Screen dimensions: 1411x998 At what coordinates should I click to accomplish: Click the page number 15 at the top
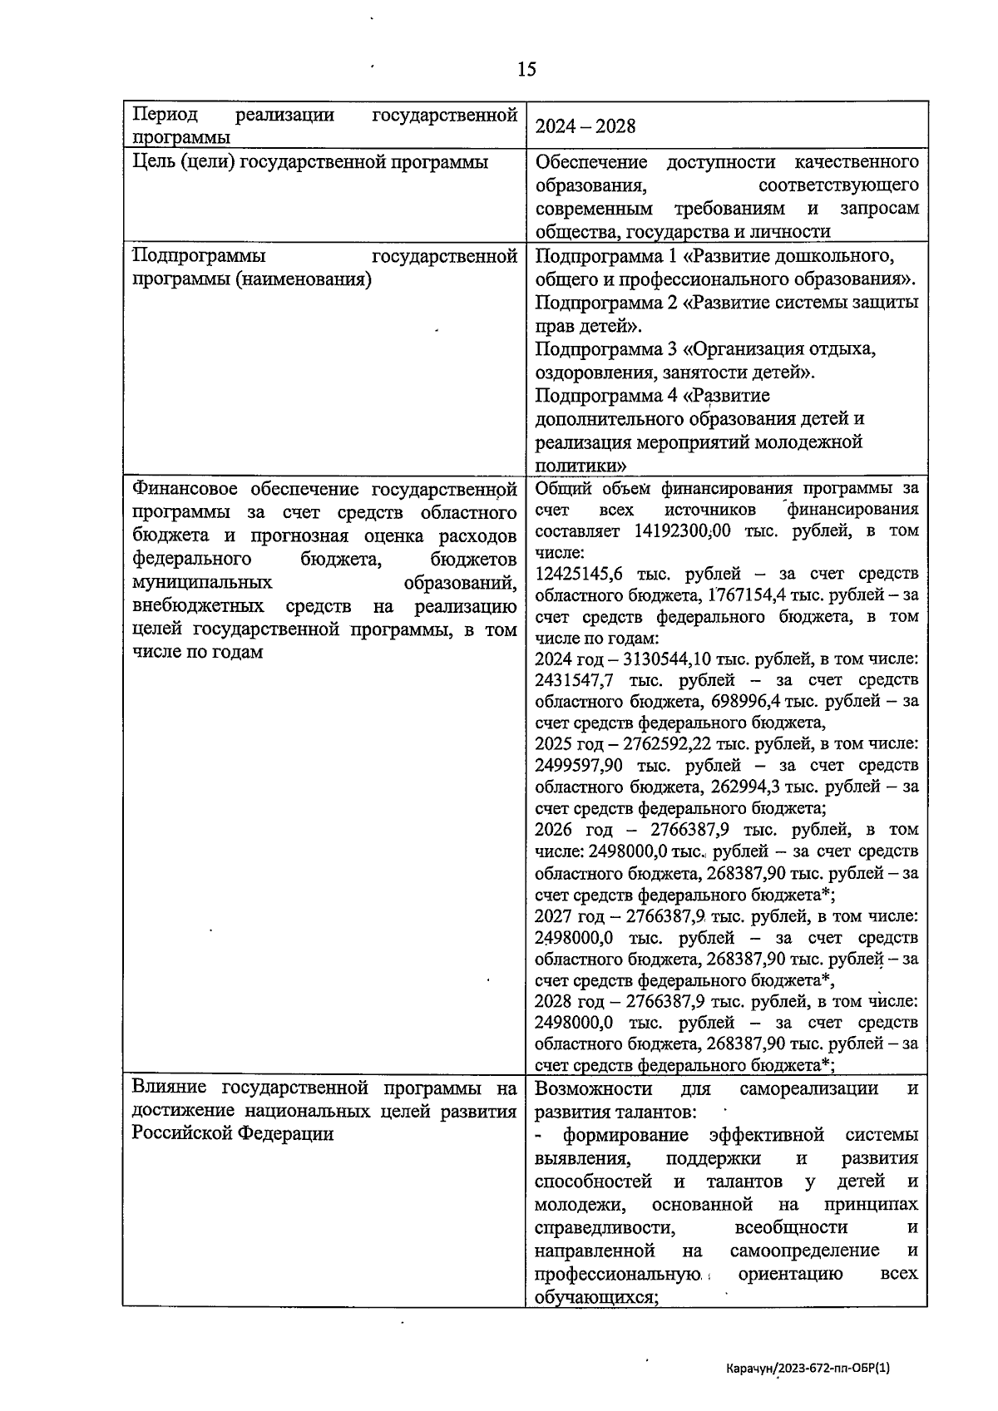526,69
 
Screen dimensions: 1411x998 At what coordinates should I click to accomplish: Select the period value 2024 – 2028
585,126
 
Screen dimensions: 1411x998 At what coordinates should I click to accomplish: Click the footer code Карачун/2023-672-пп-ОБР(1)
808,1368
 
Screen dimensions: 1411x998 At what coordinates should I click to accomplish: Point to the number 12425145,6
579,574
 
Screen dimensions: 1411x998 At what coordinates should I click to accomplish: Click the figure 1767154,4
745,595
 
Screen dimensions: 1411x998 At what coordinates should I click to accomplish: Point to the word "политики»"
581,465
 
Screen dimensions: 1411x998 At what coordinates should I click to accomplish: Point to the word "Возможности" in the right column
593,1088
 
